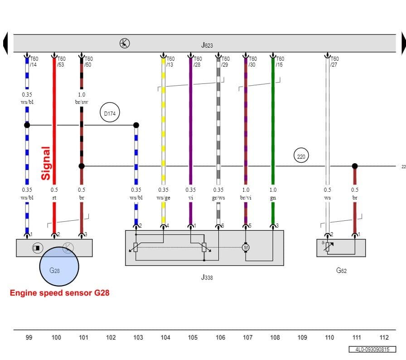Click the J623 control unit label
[207, 45]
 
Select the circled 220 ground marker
[301, 156]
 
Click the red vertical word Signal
[46, 163]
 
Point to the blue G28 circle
[59, 267]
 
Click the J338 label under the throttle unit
[207, 277]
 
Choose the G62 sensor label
[341, 271]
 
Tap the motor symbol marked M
[246, 248]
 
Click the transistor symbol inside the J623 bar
[125, 43]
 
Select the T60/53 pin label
[61, 62]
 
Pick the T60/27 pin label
[334, 62]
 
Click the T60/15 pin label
[280, 62]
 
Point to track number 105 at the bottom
[193, 337]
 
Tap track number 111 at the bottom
[357, 337]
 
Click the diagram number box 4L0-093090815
[372, 350]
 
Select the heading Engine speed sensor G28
[59, 293]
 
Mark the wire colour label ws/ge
[164, 198]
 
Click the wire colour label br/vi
[246, 198]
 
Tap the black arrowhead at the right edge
[403, 44]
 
